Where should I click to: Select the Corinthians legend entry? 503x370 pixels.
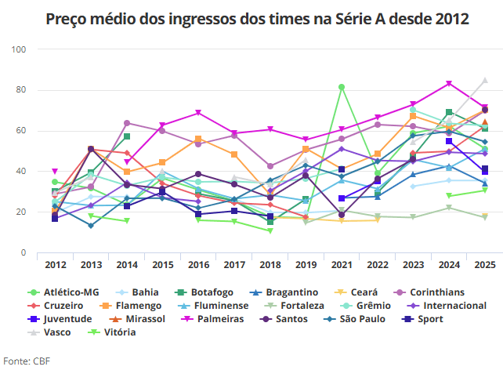click(x=451, y=292)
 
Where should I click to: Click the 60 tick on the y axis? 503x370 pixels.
click(x=22, y=131)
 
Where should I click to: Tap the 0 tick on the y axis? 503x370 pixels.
click(x=24, y=253)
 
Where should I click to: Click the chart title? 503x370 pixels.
click(x=252, y=19)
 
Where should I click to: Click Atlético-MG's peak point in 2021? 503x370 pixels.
click(x=342, y=86)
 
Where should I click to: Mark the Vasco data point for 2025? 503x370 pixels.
click(x=485, y=80)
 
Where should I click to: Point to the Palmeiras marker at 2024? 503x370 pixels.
click(x=449, y=83)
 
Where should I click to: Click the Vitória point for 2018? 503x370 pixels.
click(x=270, y=230)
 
